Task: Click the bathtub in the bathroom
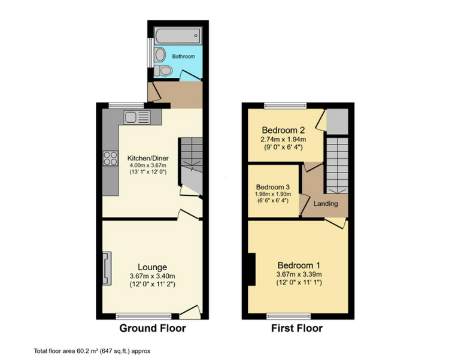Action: tap(178, 36)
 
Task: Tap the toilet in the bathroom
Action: tap(163, 71)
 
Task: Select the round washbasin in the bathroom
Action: tap(160, 55)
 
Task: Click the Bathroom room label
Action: tap(183, 56)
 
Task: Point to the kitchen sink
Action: tap(137, 117)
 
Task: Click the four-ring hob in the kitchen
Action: tap(111, 159)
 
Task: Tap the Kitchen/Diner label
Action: tap(148, 158)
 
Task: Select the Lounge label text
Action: tap(152, 267)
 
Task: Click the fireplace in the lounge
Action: tap(107, 268)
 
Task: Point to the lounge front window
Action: tap(144, 316)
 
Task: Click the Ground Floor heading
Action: tap(153, 328)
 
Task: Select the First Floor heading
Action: tap(297, 328)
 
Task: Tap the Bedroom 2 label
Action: tap(283, 131)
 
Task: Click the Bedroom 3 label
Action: tap(273, 187)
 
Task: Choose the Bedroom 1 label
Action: tap(299, 265)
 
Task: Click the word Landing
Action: tap(326, 204)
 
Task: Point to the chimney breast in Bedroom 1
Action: tap(251, 269)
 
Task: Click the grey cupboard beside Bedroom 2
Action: tap(337, 121)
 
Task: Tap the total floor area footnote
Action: tap(92, 351)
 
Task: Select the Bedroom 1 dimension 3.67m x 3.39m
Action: tap(299, 274)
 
